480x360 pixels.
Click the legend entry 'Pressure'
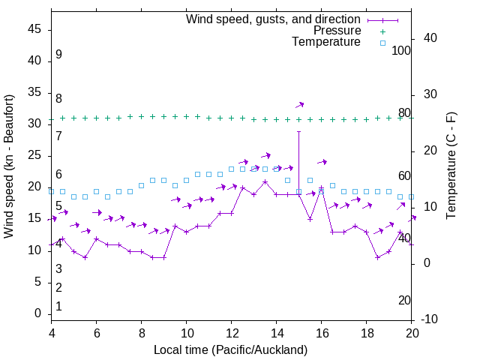[337, 31]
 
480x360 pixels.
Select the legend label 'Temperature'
[326, 43]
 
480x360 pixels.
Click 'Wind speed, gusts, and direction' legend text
[273, 19]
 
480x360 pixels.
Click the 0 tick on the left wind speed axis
[37, 313]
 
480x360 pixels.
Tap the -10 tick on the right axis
[429, 319]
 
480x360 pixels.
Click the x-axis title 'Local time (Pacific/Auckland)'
[231, 349]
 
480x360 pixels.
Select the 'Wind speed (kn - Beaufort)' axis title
[9, 166]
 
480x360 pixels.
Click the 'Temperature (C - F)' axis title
[451, 166]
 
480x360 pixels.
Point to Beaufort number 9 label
[58, 55]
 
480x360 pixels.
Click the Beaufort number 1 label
[58, 307]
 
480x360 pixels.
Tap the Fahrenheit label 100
[401, 51]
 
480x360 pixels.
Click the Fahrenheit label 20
[404, 301]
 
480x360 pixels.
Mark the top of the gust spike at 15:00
[298, 131]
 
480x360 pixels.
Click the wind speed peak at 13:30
[265, 181]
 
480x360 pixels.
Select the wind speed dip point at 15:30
[310, 219]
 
